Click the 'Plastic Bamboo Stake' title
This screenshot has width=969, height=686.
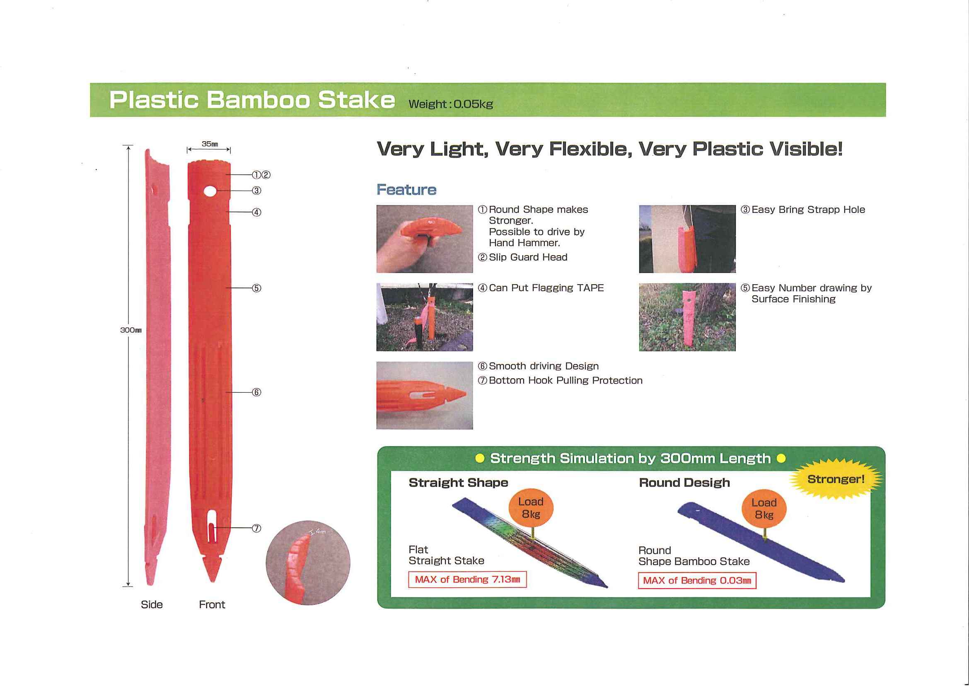(252, 100)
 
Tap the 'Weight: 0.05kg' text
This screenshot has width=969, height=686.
(451, 104)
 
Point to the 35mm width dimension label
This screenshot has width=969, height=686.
(210, 144)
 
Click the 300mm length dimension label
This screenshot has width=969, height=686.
(131, 330)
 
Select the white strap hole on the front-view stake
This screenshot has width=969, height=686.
(210, 191)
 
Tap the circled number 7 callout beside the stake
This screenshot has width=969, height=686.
(256, 529)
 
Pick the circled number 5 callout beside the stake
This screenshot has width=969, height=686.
(256, 288)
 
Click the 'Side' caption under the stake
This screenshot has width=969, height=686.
(152, 604)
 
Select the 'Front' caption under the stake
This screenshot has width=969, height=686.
(212, 604)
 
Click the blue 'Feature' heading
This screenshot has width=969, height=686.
(406, 190)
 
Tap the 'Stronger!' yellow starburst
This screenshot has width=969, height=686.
(836, 479)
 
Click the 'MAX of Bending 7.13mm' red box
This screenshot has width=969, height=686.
(468, 580)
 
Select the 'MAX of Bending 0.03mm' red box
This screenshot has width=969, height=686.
(697, 580)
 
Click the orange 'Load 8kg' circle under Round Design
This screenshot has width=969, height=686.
(764, 509)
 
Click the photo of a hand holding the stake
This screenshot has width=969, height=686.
(425, 239)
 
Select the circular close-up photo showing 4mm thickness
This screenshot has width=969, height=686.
(308, 563)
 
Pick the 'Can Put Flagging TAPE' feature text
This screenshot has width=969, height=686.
(541, 288)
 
